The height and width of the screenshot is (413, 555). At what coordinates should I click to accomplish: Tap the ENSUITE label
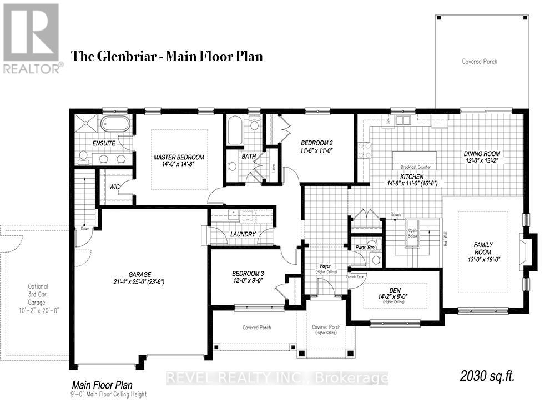(x=104, y=143)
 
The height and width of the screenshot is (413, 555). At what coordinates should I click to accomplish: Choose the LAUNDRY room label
(x=243, y=234)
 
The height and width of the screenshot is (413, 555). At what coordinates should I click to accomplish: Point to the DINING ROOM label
(x=482, y=154)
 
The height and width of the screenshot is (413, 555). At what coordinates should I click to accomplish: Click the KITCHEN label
(x=407, y=176)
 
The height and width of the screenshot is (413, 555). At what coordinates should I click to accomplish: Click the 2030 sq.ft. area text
(x=487, y=376)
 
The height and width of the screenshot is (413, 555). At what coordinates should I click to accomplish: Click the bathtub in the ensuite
(x=115, y=124)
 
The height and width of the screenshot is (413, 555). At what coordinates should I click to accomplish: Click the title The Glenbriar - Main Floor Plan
(x=167, y=56)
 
